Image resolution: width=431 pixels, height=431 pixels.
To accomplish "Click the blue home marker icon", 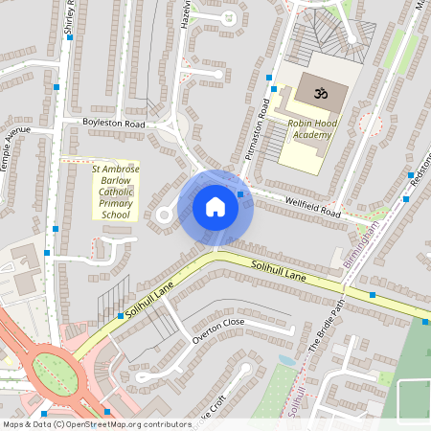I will point(215,207).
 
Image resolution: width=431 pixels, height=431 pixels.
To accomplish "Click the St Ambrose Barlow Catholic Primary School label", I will point(115,192).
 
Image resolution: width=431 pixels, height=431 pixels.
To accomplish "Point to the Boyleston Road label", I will point(113,125).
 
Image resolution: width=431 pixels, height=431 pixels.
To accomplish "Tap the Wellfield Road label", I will point(313,206).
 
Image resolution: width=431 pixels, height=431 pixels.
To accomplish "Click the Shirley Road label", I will point(69,19).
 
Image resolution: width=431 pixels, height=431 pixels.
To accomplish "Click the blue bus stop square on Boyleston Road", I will point(57,87).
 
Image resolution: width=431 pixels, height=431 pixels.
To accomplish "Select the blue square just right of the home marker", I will point(240,194).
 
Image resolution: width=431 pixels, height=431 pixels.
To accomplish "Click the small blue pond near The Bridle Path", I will point(287,361).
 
